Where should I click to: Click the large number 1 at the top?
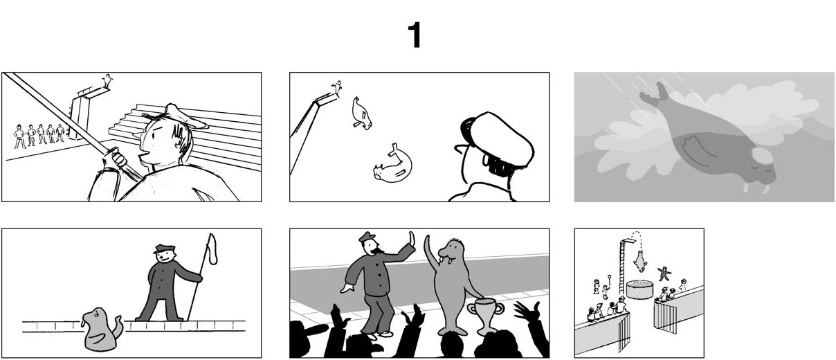click(415, 35)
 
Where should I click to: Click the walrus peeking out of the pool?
click(101, 330)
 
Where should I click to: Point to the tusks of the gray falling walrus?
click(756, 188)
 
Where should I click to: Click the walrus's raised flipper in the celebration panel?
click(432, 255)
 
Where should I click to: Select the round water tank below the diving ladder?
click(640, 290)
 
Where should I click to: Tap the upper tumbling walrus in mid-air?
click(362, 113)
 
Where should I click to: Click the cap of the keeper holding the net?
click(164, 249)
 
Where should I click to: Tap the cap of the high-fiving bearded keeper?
click(367, 237)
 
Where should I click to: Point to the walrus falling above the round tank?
click(639, 262)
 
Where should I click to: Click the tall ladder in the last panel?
click(622, 267)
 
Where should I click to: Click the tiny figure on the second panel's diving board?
click(338, 87)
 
